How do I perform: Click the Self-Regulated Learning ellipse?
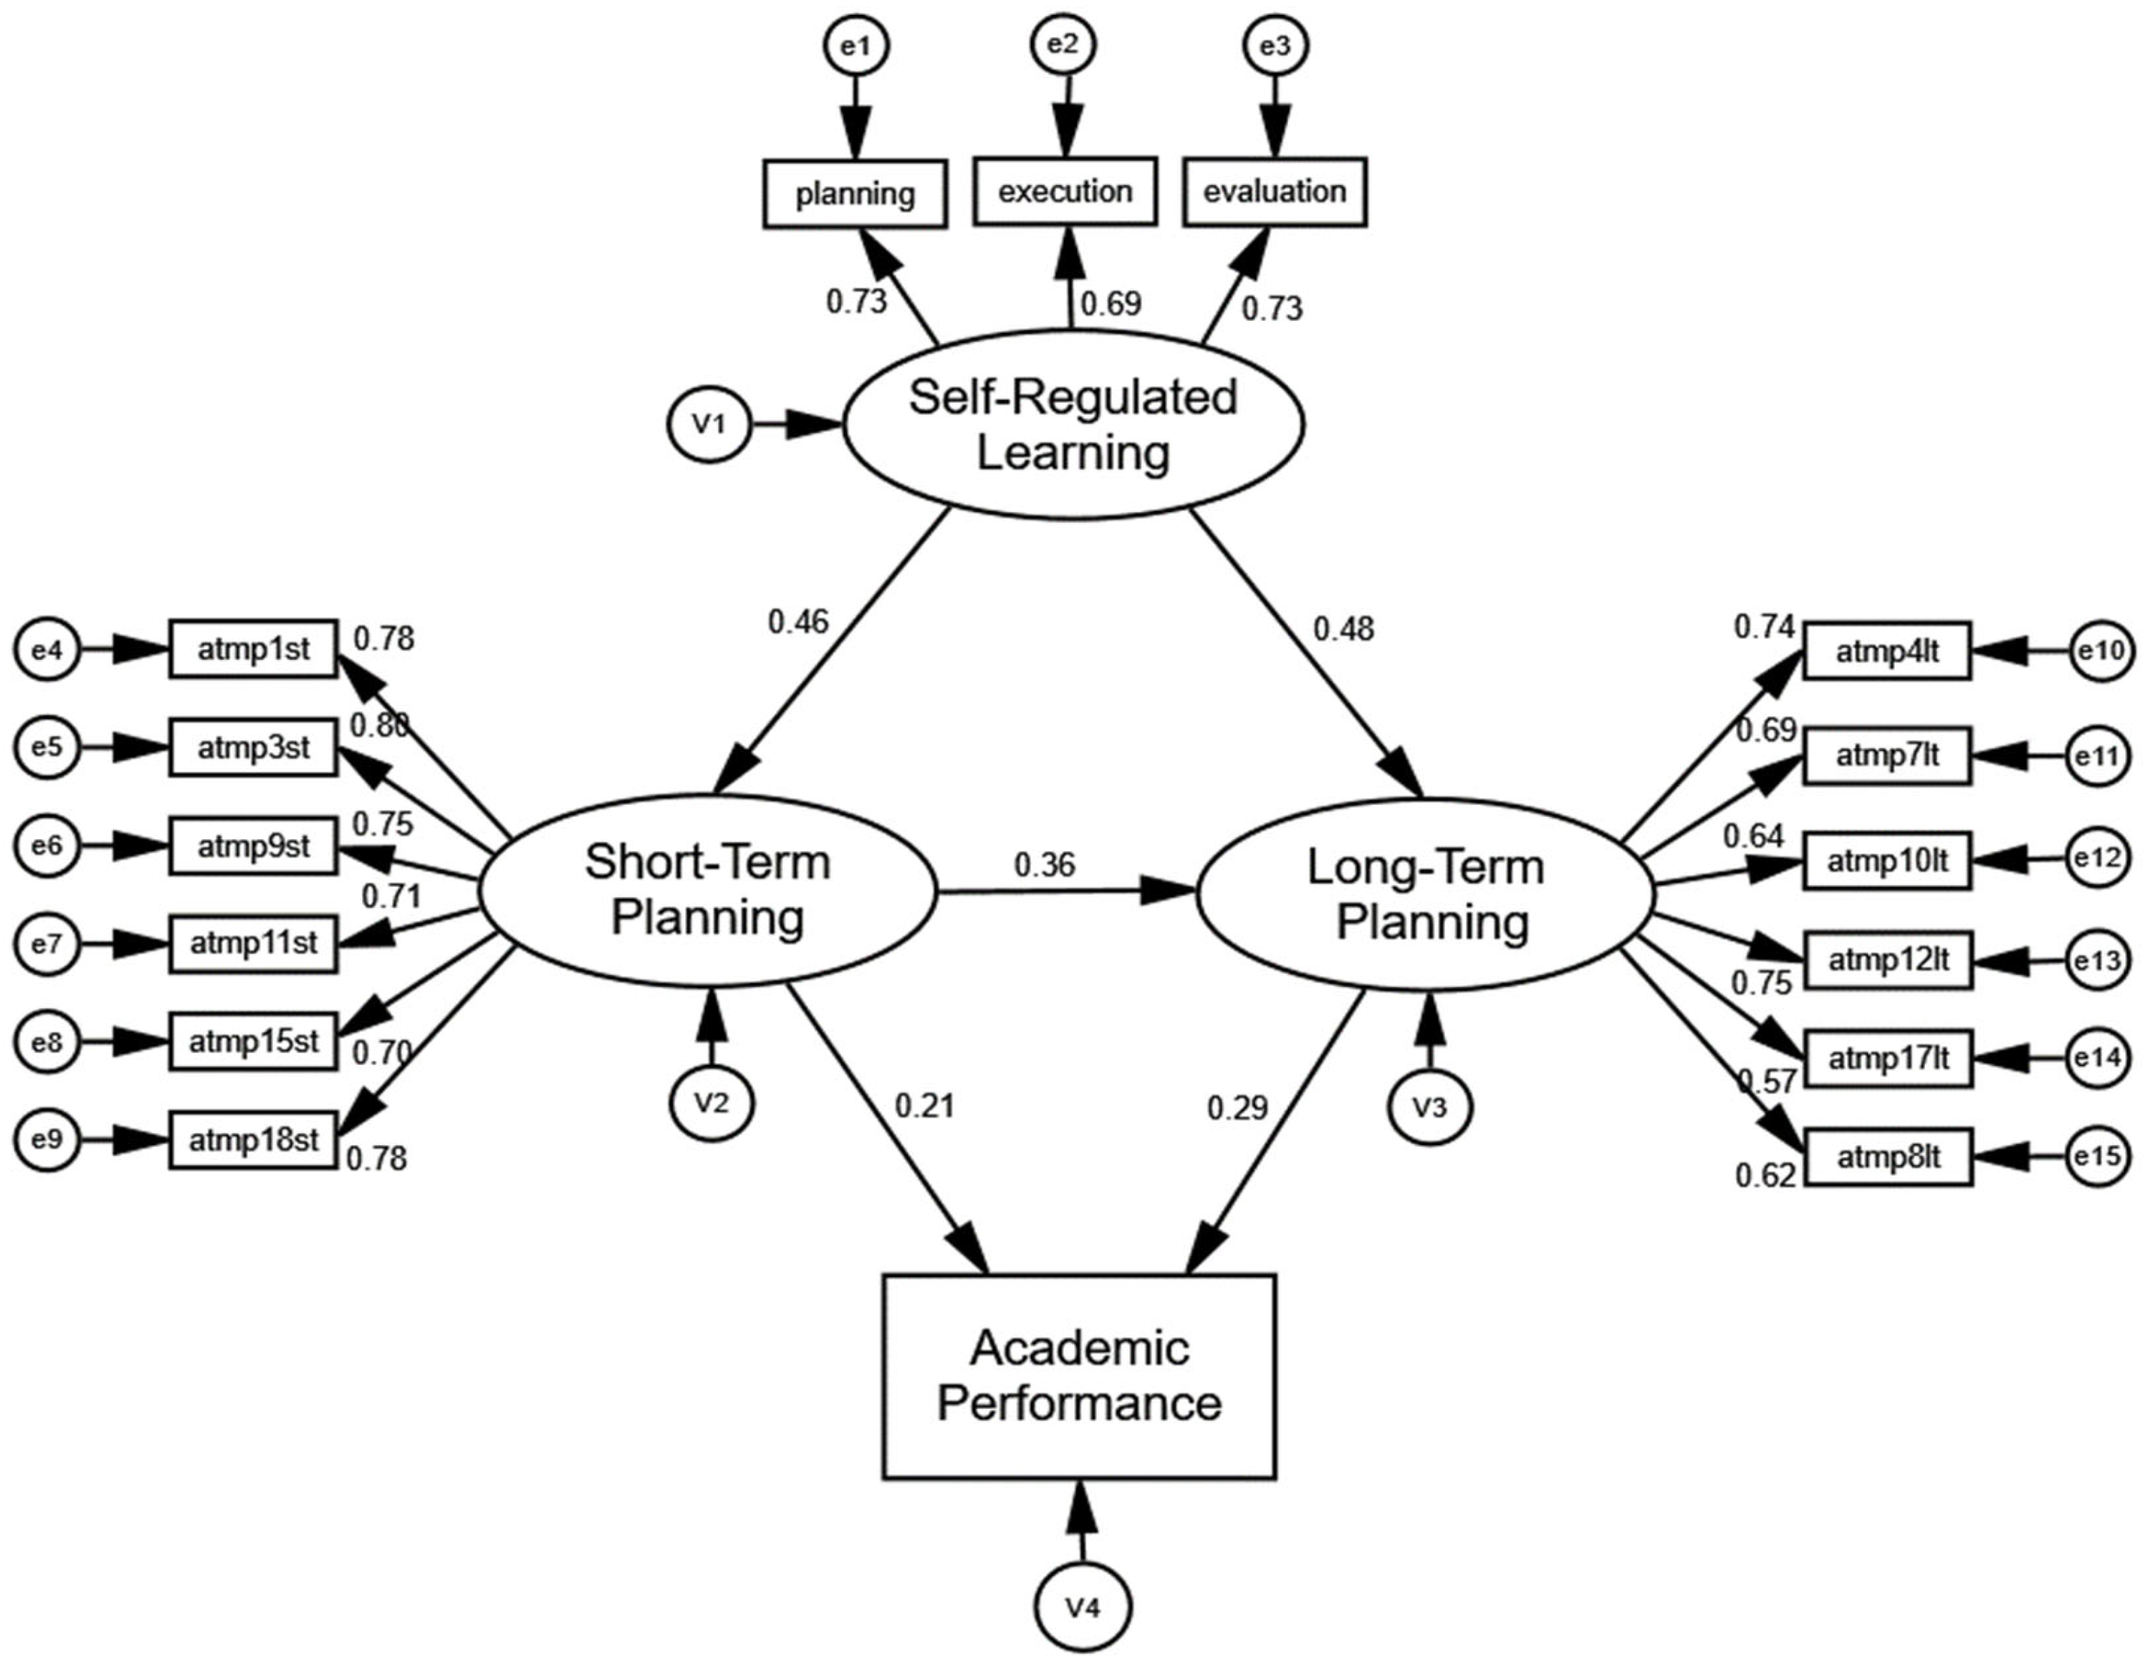click(x=1072, y=425)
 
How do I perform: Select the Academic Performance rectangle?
click(x=1079, y=1376)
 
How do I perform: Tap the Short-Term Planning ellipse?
click(x=706, y=890)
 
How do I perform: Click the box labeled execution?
click(x=1064, y=191)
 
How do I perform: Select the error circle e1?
click(x=856, y=46)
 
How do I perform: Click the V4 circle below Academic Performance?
click(x=1082, y=1608)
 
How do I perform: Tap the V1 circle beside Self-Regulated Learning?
click(x=709, y=425)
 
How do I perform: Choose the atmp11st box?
click(x=253, y=944)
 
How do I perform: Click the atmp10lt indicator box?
click(x=1887, y=861)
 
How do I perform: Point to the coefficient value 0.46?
click(x=798, y=621)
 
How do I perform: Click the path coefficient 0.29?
click(x=1238, y=1108)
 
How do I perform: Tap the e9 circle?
click(x=46, y=1140)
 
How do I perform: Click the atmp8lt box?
click(x=1887, y=1156)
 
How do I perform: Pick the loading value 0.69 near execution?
click(x=1111, y=303)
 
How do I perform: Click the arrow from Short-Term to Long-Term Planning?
click(x=1064, y=892)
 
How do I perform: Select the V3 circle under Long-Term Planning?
click(x=1430, y=1107)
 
